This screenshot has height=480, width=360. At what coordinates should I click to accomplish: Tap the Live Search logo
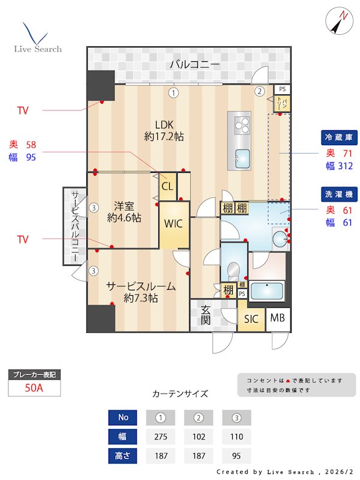(37, 38)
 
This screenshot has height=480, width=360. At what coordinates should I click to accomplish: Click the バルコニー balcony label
(194, 64)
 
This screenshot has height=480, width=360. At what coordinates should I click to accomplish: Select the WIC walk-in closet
(174, 224)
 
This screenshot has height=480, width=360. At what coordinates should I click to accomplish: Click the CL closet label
(167, 186)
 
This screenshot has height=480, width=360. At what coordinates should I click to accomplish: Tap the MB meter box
(277, 319)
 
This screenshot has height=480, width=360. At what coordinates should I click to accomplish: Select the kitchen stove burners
(242, 125)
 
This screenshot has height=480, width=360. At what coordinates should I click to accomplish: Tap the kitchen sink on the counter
(242, 157)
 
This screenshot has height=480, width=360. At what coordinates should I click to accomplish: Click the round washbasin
(279, 239)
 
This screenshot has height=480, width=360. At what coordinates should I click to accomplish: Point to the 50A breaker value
(34, 388)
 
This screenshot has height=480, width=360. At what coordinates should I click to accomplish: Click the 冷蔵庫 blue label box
(339, 138)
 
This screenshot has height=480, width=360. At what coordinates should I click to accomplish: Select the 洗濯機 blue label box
(339, 194)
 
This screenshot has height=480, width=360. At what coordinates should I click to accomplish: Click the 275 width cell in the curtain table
(161, 436)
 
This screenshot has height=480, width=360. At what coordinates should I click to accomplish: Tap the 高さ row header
(123, 455)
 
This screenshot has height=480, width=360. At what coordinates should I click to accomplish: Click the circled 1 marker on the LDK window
(173, 93)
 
